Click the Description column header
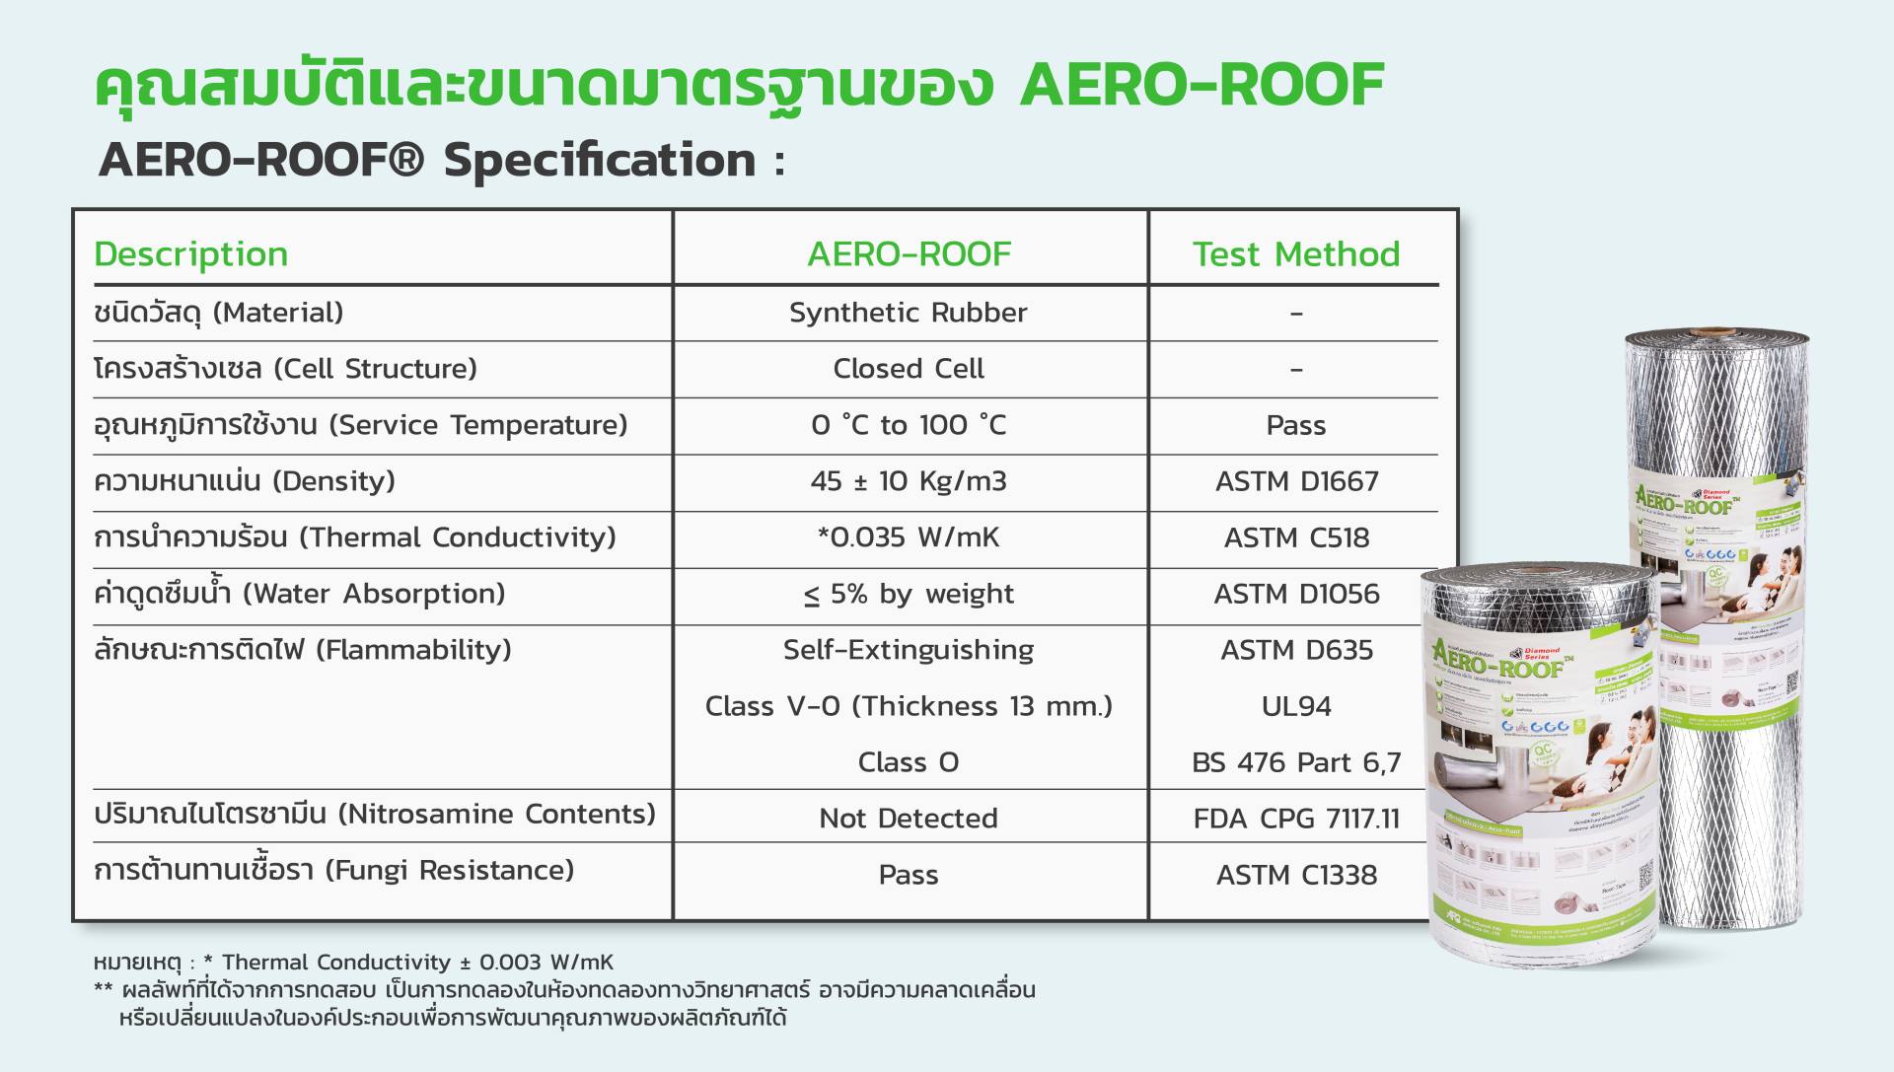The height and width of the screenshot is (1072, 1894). (190, 254)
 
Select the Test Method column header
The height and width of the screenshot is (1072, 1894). (1295, 254)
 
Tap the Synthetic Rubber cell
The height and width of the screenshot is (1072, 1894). (908, 313)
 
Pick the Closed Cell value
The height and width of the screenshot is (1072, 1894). (908, 369)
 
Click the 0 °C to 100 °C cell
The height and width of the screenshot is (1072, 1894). (908, 425)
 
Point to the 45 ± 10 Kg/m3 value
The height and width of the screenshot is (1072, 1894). (908, 481)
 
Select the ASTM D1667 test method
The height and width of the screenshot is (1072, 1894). (1296, 481)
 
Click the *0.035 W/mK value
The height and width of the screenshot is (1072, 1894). (908, 537)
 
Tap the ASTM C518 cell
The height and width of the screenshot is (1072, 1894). (1296, 537)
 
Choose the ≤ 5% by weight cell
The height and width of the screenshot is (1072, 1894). (908, 594)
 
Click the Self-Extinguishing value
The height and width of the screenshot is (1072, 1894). (908, 650)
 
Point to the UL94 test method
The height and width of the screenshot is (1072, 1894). (1296, 706)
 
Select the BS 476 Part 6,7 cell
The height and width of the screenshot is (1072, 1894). (1296, 762)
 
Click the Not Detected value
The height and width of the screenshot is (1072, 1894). (908, 819)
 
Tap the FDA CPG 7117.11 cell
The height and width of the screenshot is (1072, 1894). (1296, 819)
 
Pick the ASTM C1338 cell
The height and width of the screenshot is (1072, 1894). (1296, 875)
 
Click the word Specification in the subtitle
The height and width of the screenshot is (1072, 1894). (600, 160)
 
